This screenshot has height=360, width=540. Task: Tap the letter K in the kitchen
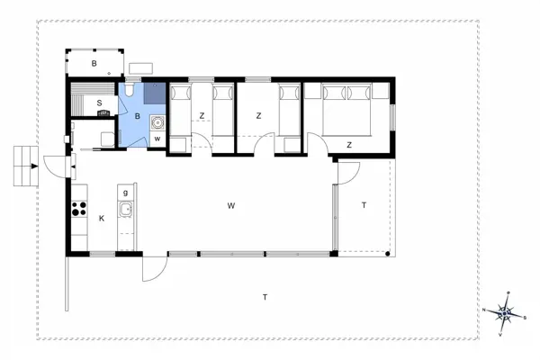[x=102, y=218]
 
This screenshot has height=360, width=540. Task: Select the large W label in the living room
[x=231, y=206]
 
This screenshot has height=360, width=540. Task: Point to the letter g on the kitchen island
[x=125, y=193]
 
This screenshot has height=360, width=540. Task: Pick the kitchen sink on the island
[x=126, y=211]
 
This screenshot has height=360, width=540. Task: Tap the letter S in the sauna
[x=99, y=103]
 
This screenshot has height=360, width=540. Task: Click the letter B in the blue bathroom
[x=137, y=116]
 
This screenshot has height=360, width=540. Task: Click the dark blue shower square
[x=153, y=92]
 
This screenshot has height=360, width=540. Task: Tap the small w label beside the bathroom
[x=157, y=138]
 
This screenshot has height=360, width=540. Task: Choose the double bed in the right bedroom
[x=346, y=106]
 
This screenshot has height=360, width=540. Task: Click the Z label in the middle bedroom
[x=258, y=115]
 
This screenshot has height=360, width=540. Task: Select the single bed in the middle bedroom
[x=288, y=110]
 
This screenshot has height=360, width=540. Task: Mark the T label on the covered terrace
[x=364, y=206]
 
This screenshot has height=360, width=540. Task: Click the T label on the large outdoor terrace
[x=265, y=296]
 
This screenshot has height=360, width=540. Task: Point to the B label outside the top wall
[x=94, y=63]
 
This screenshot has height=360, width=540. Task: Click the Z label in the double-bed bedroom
[x=348, y=144]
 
